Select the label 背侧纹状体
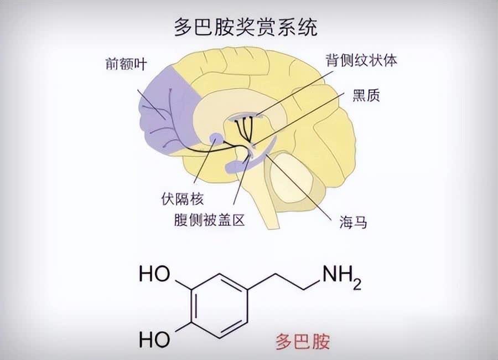361,61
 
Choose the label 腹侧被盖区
209,220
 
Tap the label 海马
353,223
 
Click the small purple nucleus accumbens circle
216,139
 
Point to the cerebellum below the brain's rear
299,177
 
